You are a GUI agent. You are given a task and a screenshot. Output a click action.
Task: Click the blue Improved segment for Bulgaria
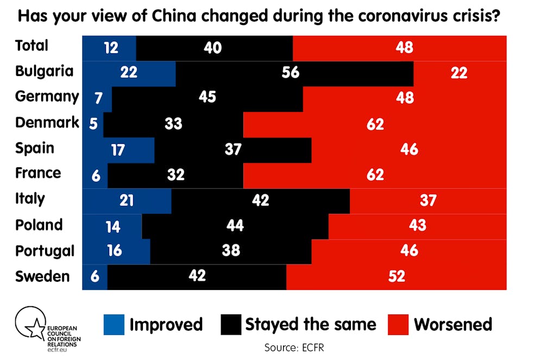(x=129, y=73)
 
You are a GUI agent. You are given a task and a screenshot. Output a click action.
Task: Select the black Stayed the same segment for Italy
(x=260, y=200)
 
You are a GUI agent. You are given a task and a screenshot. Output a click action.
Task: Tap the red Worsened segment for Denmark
(x=375, y=124)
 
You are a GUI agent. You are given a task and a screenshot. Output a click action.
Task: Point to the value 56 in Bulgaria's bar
(x=291, y=72)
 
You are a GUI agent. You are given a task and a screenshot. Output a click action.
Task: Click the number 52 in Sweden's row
(x=397, y=276)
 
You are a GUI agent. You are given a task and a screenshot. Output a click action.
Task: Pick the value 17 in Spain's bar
(x=118, y=150)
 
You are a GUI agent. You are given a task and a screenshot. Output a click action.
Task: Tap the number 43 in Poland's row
(x=417, y=225)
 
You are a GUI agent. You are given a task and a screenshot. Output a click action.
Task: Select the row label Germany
(x=47, y=97)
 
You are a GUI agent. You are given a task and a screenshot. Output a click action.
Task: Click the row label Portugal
(x=45, y=251)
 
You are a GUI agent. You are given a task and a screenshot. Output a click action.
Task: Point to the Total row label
(x=32, y=46)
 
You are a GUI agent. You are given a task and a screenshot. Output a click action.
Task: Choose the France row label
(x=38, y=173)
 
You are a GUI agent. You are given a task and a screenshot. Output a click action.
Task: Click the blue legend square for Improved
(x=114, y=325)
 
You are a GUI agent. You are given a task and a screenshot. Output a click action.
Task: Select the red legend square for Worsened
(x=398, y=325)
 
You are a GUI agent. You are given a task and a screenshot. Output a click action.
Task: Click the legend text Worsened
(x=453, y=325)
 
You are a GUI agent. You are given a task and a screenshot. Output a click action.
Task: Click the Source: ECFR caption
(x=294, y=347)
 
